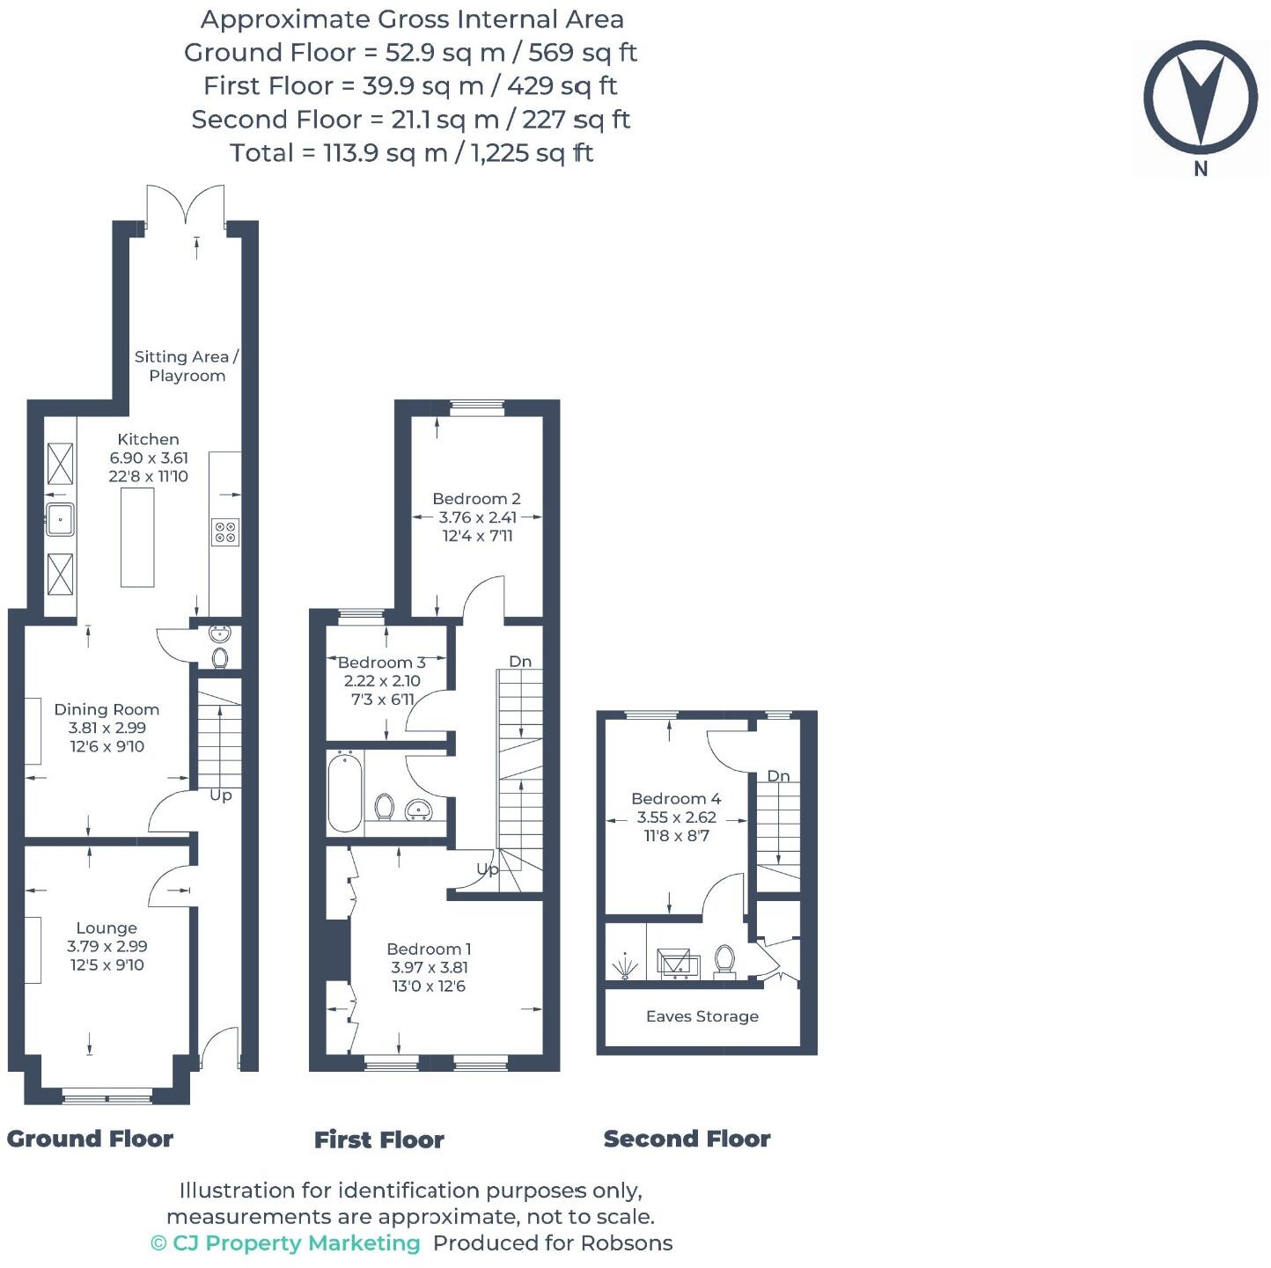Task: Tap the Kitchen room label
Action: [148, 439]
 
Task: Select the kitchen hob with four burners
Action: [225, 531]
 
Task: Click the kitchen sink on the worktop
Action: [60, 519]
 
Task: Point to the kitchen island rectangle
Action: [137, 536]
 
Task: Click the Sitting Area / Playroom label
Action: [187, 366]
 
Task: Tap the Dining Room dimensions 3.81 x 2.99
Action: [107, 728]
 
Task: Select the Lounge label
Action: [107, 927]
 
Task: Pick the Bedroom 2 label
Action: [476, 499]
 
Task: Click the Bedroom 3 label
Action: [381, 662]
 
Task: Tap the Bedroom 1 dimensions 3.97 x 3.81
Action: [430, 967]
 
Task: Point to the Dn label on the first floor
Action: [520, 662]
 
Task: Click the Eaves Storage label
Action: [702, 1016]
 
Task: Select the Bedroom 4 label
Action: [676, 799]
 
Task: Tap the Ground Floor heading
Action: [90, 1139]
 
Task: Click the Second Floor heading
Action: [687, 1139]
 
